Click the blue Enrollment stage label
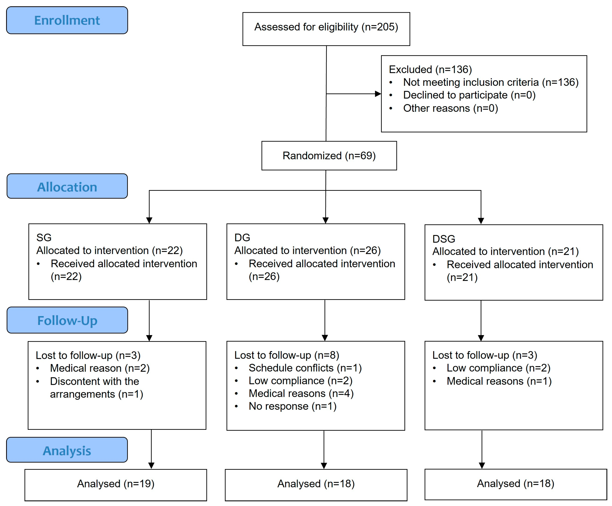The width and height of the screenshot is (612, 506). click(x=67, y=20)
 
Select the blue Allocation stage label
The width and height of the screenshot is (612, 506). click(x=67, y=186)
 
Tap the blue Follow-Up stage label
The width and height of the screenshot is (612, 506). click(x=67, y=320)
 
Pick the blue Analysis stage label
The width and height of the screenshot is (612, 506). click(x=67, y=450)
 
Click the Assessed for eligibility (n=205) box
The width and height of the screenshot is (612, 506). click(x=326, y=29)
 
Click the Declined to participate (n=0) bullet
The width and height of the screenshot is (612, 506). click(x=469, y=95)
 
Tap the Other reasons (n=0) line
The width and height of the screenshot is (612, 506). click(x=450, y=108)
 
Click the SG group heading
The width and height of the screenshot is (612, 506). click(x=44, y=237)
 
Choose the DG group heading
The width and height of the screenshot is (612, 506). click(x=242, y=237)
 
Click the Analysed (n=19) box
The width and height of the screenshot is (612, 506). click(x=115, y=484)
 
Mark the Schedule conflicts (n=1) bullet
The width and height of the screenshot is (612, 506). click(x=305, y=368)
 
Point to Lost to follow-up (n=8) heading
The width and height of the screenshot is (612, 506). click(x=287, y=355)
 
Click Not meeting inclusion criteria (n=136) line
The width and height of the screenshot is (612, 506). click(x=490, y=82)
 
